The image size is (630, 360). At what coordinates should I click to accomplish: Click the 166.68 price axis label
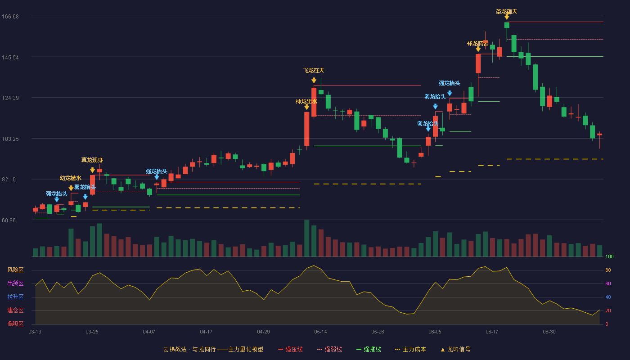coord(10,17)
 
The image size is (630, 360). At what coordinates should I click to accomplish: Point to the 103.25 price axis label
coord(10,139)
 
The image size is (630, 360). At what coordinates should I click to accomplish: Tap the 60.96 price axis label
coord(9,220)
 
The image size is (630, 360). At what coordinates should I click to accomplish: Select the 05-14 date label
coord(320,332)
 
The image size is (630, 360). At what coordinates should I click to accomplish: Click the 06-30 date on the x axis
coord(549,332)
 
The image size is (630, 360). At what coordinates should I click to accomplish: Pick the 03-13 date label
coord(35,332)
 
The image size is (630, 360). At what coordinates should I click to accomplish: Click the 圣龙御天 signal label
coord(507,12)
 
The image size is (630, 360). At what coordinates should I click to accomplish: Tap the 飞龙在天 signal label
coord(314,70)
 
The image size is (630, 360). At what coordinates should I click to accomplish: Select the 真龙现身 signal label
coord(92,160)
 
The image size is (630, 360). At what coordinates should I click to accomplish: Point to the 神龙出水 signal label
coord(306,101)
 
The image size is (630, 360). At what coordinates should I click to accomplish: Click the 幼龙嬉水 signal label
coord(71,178)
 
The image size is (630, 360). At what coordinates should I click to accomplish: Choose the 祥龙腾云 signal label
coord(477,43)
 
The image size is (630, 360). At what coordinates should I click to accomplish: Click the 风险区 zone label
coord(15,270)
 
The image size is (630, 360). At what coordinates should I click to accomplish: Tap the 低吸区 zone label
coord(15,324)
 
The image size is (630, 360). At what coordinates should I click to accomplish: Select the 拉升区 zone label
coord(15,297)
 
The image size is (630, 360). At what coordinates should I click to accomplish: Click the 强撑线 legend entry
coord(369,350)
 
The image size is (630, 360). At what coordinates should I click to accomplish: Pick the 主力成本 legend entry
coord(410,350)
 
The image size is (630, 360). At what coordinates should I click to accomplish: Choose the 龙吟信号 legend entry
coord(455,350)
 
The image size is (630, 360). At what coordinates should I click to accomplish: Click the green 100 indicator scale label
coord(609,256)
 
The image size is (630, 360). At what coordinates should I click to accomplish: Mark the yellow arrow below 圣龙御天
coord(507,17)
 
